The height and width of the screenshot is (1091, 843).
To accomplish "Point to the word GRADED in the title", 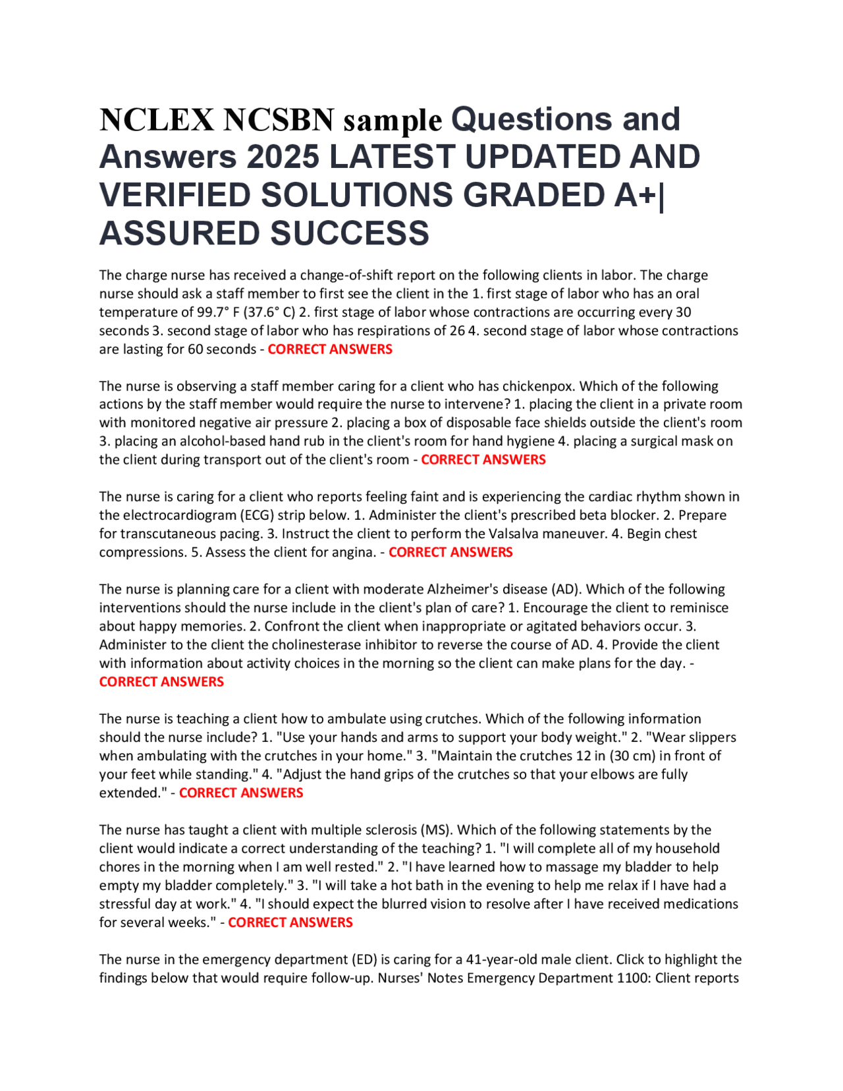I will [533, 196].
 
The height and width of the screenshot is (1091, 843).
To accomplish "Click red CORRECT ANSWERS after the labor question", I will [330, 349].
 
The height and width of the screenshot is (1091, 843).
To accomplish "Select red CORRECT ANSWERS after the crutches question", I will [241, 793].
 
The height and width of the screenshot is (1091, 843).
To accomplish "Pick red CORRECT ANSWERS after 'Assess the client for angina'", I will [450, 552].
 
